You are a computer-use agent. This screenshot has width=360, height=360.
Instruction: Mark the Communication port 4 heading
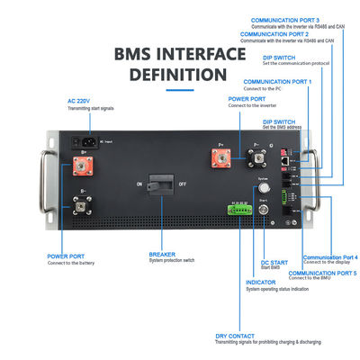329,256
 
